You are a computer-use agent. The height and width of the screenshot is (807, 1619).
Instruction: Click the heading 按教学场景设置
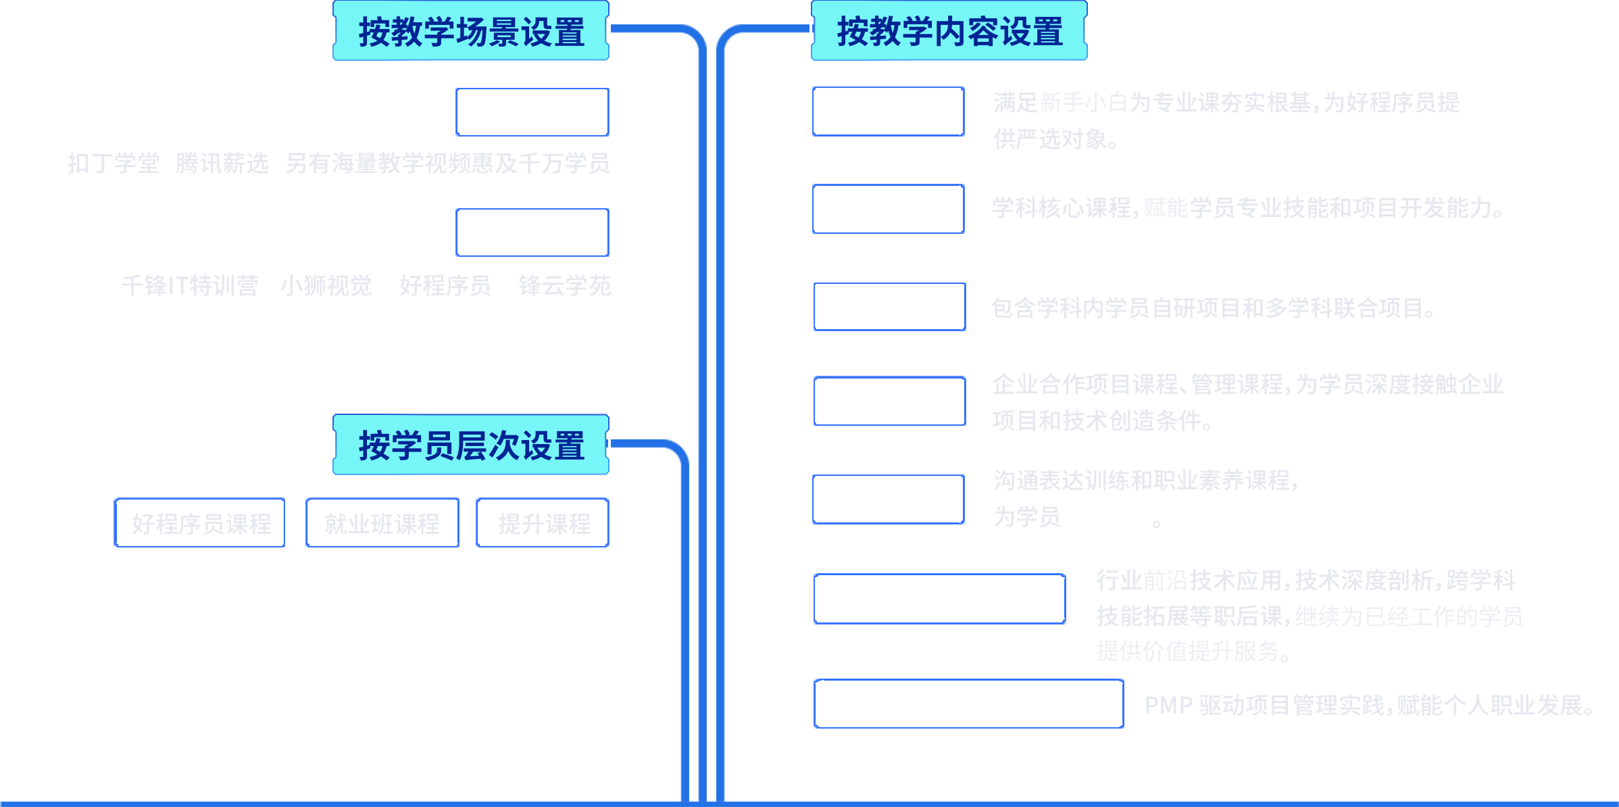pos(471,31)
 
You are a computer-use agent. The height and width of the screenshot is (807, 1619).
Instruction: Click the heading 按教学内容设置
pos(949,31)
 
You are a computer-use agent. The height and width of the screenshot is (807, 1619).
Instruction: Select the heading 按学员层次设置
pos(471,445)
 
